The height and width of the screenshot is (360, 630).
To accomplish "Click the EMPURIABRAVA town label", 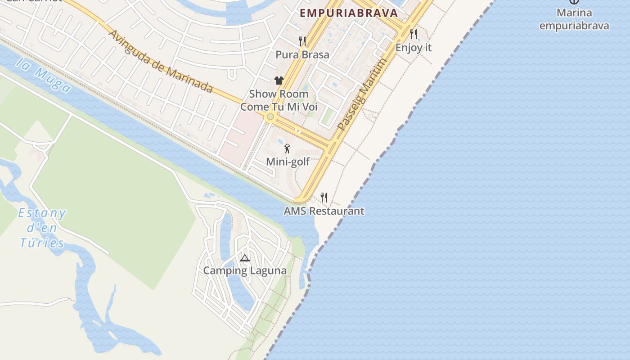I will (349, 13).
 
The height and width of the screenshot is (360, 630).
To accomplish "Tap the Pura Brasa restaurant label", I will (302, 55).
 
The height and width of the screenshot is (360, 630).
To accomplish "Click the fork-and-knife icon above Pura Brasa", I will (302, 41).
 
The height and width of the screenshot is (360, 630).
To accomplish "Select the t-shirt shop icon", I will (279, 81).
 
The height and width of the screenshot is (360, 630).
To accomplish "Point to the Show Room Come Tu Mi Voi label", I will (279, 100).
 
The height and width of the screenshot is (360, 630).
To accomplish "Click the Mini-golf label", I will (288, 162).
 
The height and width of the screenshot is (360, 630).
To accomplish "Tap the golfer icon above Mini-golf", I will (287, 148).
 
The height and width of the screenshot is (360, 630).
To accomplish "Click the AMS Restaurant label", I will (324, 211).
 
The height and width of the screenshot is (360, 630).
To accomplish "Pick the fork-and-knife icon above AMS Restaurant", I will (324, 197).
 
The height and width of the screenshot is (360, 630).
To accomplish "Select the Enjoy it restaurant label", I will (414, 48).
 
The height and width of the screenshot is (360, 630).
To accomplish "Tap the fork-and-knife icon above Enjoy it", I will (414, 34).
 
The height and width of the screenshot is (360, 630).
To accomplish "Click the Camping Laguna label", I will (245, 271).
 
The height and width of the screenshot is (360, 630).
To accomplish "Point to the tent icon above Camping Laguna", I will (244, 258).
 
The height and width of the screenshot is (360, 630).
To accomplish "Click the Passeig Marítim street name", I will (362, 94).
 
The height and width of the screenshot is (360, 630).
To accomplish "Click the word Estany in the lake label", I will (42, 213).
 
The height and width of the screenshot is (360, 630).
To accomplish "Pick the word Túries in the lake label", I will (42, 243).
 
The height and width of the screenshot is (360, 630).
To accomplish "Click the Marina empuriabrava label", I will (574, 19).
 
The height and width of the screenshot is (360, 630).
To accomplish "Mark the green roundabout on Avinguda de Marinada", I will (270, 117).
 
